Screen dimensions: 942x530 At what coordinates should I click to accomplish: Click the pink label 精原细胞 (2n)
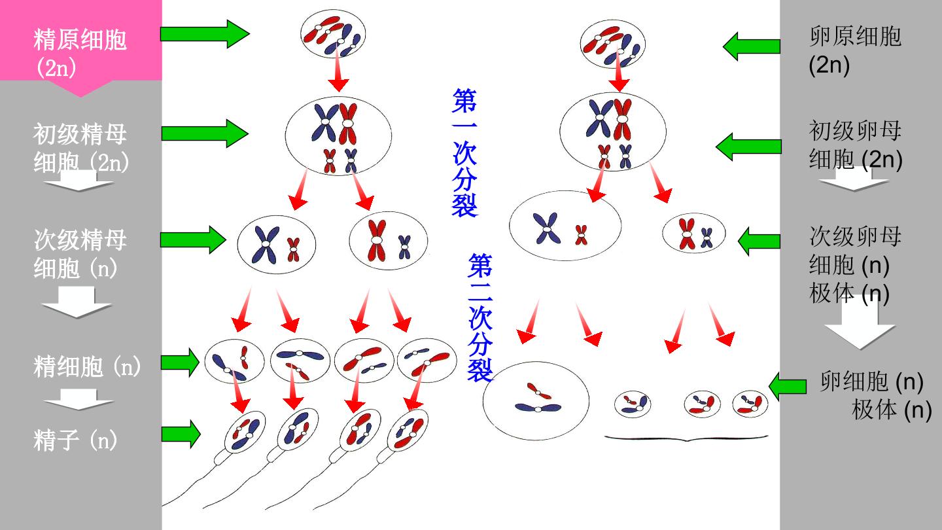point(80,53)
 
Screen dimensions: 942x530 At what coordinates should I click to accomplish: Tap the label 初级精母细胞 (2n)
point(80,148)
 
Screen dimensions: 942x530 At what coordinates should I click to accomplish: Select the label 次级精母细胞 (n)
point(80,254)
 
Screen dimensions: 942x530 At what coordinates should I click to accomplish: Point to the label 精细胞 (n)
point(87,366)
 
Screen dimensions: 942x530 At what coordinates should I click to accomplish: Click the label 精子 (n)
point(75,440)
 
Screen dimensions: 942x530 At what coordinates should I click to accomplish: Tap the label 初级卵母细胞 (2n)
point(856,145)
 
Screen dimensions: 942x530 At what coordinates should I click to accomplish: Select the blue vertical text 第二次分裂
point(480,317)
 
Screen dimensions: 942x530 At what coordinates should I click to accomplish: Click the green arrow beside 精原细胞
point(205,33)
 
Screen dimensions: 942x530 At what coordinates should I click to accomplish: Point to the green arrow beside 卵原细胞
point(752,46)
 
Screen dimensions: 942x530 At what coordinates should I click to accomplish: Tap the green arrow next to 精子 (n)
point(181,434)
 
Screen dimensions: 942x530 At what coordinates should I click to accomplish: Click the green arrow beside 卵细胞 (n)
point(788,386)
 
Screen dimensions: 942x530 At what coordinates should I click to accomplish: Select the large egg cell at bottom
point(535,401)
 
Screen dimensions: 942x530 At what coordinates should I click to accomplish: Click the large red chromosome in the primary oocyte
point(622,120)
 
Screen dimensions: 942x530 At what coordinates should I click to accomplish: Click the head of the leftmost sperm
point(245,432)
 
